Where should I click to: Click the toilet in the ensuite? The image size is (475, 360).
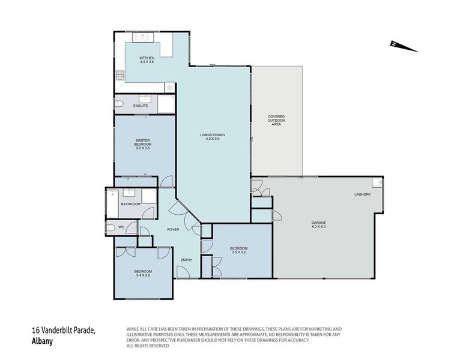(119, 106)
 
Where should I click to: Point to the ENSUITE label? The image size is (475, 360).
(141, 106)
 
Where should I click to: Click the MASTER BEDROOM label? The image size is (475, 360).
(143, 143)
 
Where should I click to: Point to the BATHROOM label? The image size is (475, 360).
(130, 204)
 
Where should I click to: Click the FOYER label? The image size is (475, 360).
(173, 230)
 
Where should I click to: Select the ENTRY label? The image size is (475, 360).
(187, 259)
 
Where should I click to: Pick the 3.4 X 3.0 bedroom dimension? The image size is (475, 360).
(143, 275)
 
